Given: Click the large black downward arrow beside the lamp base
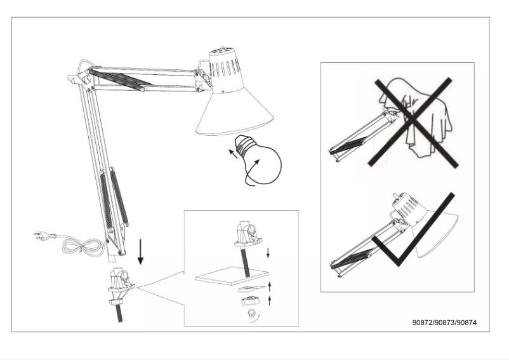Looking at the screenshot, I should [x=141, y=252].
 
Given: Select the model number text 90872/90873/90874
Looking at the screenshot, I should [x=444, y=322].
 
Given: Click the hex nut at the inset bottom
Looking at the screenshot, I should [x=250, y=313].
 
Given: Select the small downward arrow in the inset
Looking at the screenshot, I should [x=269, y=253].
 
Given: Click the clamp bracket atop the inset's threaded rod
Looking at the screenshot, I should [x=246, y=235].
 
